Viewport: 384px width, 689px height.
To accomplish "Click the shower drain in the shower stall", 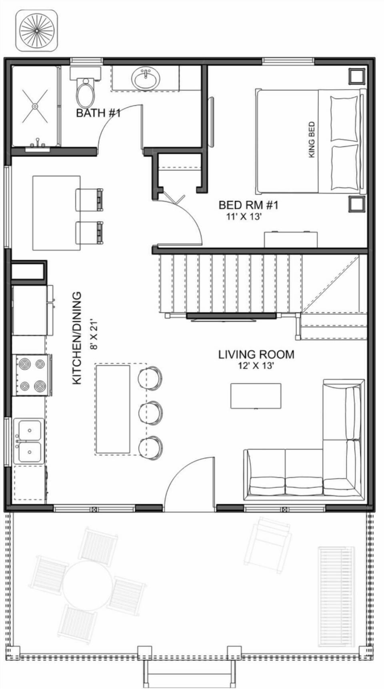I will [x=35, y=106].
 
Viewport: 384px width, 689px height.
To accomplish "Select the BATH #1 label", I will [x=98, y=113].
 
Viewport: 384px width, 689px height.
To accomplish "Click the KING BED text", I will [x=312, y=140].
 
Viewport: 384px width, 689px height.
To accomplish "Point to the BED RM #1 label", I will [x=248, y=205].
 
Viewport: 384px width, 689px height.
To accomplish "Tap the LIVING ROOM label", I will [x=256, y=354].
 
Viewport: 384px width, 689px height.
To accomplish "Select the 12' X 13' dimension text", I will [x=256, y=365].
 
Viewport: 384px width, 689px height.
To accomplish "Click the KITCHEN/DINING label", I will [x=77, y=338].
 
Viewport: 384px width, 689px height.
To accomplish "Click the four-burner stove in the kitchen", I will [x=32, y=375].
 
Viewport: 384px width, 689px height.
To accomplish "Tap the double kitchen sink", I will [x=29, y=441].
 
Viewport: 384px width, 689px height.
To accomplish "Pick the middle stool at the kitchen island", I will [x=150, y=411].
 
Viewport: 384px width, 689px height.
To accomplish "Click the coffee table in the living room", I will [x=256, y=396].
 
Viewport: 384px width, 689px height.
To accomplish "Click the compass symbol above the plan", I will [x=36, y=30].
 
